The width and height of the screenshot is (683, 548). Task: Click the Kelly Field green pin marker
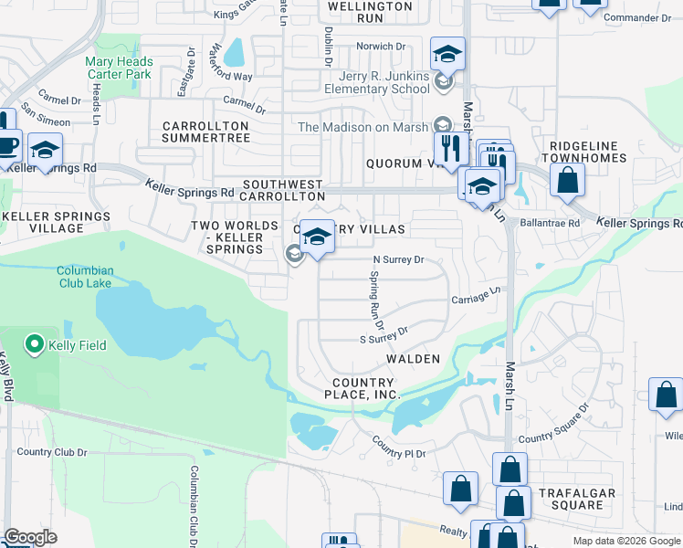tap(35, 344)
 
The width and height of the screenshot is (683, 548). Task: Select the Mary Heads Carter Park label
tap(119, 68)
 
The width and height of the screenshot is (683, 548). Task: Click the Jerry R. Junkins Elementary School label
tap(376, 82)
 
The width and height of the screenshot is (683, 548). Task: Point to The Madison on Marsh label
tap(364, 126)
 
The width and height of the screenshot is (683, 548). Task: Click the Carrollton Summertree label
tap(205, 132)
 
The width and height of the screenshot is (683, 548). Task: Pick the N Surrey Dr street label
tap(398, 259)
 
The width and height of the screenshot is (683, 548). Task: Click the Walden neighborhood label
tap(413, 360)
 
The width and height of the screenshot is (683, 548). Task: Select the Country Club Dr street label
tap(51, 451)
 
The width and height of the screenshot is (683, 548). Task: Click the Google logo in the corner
tap(29, 537)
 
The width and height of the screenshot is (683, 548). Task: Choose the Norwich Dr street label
tap(381, 46)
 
